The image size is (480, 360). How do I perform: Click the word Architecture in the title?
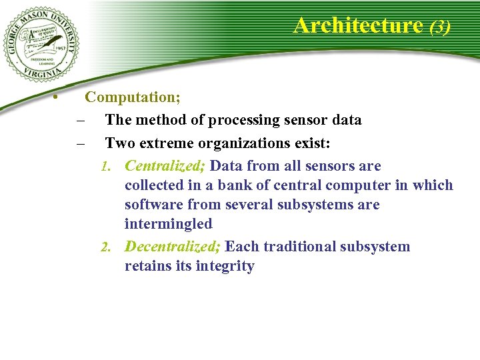pyautogui.click(x=358, y=25)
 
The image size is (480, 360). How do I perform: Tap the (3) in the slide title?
pyautogui.click(x=440, y=27)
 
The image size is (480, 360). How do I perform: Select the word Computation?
pyautogui.click(x=133, y=97)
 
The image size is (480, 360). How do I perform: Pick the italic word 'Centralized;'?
pyautogui.click(x=165, y=166)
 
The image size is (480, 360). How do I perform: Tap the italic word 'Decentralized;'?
pyautogui.click(x=173, y=247)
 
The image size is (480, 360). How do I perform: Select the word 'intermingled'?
pyautogui.click(x=168, y=224)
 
